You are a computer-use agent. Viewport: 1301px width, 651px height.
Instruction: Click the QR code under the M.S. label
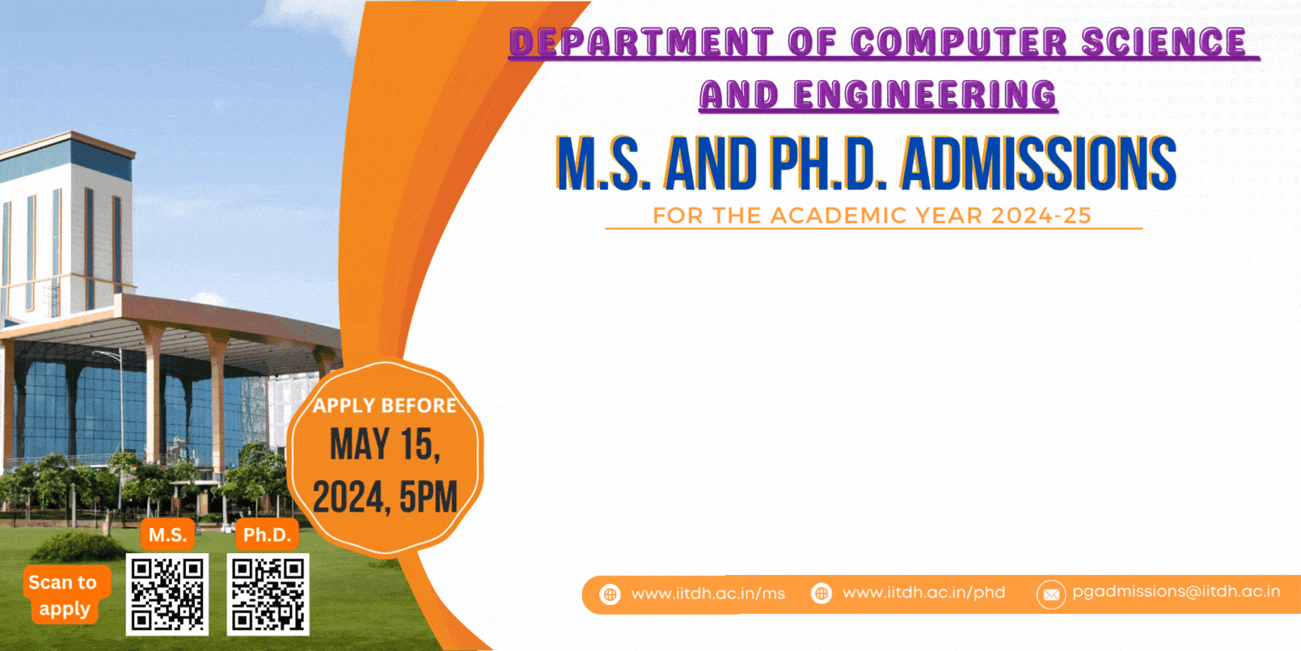pos(167,594)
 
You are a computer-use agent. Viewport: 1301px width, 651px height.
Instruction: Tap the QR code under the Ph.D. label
pos(268,594)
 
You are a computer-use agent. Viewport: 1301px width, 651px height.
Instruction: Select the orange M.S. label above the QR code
pos(167,535)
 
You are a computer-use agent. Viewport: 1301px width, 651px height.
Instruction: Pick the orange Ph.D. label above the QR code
pos(267,535)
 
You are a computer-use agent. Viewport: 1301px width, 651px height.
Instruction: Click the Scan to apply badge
pos(64,595)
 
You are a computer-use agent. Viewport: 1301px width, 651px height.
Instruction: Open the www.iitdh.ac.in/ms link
pos(708,594)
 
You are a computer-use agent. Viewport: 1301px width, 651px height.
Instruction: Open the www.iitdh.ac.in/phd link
pos(924,593)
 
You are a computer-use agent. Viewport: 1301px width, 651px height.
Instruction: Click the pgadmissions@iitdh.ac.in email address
pos(1176,591)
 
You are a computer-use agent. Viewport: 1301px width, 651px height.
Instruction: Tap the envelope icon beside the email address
pos(1051,594)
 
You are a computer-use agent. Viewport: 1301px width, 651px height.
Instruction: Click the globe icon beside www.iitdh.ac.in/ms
pos(610,594)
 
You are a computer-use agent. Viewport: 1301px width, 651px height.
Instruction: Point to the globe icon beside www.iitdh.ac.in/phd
pos(821,594)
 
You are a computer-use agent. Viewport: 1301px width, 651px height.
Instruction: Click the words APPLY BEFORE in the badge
pos(385,406)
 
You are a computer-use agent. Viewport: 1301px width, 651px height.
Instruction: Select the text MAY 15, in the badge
pos(385,445)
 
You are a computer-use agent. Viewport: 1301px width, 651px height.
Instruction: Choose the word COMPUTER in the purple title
pos(959,42)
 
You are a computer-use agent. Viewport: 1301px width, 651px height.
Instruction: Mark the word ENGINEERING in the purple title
pos(925,95)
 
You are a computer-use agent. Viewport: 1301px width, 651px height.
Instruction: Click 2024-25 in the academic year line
pos(1041,215)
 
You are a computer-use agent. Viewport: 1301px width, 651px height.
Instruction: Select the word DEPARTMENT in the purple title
pos(641,42)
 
